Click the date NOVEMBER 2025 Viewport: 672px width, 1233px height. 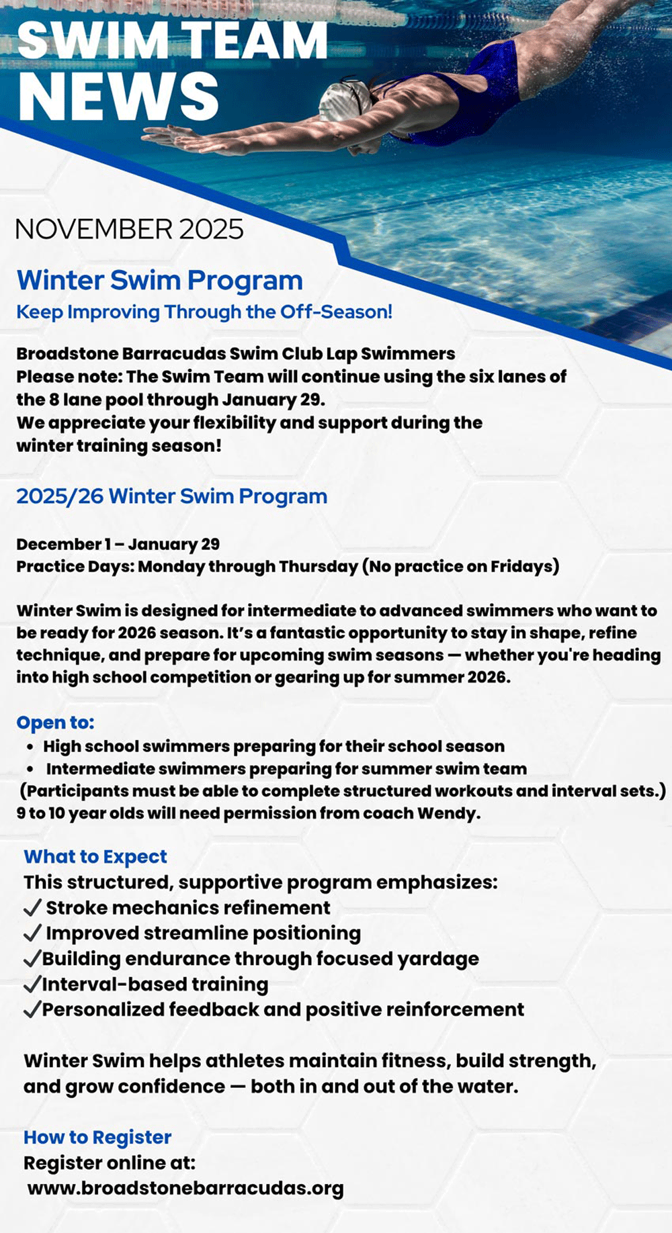(x=129, y=230)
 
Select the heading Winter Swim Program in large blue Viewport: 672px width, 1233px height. (x=160, y=280)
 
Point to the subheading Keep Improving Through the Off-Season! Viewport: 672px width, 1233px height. (x=204, y=312)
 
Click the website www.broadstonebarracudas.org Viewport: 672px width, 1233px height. (x=185, y=1188)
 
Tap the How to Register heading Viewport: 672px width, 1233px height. (x=97, y=1137)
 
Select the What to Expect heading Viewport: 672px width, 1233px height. (x=95, y=856)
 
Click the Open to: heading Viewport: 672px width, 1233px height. (x=56, y=723)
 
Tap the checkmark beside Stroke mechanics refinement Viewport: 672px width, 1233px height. (x=32, y=908)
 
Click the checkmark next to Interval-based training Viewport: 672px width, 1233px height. (x=32, y=985)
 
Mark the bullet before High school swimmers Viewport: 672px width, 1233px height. (x=31, y=747)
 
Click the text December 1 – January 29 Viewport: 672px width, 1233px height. (x=118, y=544)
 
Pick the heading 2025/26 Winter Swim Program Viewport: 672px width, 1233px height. (x=172, y=496)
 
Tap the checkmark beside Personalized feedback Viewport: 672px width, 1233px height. (x=32, y=1010)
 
